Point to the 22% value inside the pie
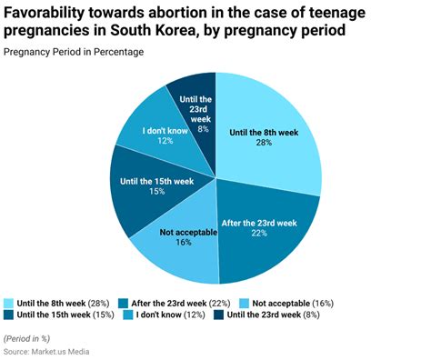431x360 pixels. point(259,235)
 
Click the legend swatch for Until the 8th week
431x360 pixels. point(9,302)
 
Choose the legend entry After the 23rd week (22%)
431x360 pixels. point(179,302)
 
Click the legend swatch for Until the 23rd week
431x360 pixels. point(218,315)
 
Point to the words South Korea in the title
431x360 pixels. point(139,33)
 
